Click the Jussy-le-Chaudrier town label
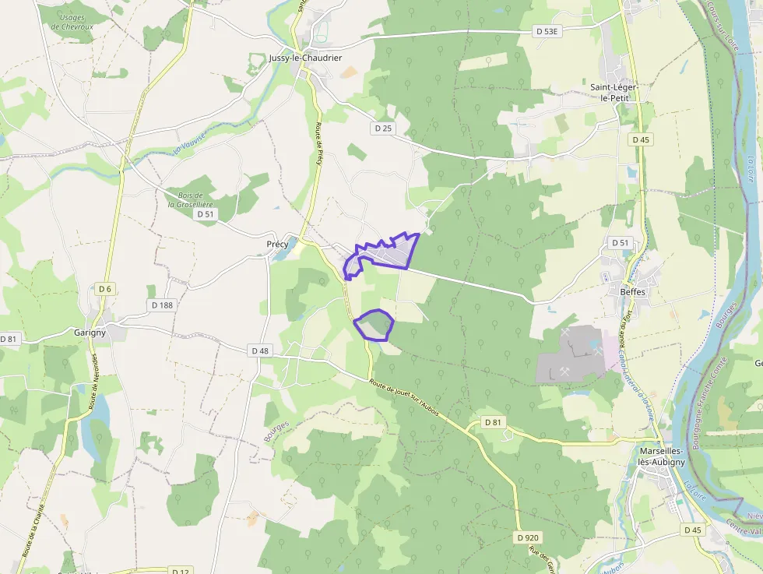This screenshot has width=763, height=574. [x=304, y=58]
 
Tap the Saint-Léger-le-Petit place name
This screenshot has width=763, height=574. [x=614, y=93]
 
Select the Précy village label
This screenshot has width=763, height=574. [x=277, y=244]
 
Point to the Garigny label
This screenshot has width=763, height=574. [x=90, y=332]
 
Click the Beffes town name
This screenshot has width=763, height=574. [x=632, y=292]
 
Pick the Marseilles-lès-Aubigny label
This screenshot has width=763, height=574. [x=661, y=456]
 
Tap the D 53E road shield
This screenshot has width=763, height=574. [x=547, y=31]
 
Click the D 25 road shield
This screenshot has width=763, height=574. [x=381, y=128]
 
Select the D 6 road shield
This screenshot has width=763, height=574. [x=105, y=289]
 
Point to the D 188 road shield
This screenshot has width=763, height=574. [x=161, y=305]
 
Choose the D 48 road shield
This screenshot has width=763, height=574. [x=260, y=351]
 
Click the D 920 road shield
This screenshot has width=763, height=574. [x=528, y=537]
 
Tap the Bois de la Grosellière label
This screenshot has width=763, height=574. [x=191, y=200]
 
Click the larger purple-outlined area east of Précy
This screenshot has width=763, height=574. [x=383, y=255]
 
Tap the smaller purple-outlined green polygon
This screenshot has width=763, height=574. [x=374, y=325]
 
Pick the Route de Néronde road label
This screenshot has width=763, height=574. [x=94, y=382]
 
